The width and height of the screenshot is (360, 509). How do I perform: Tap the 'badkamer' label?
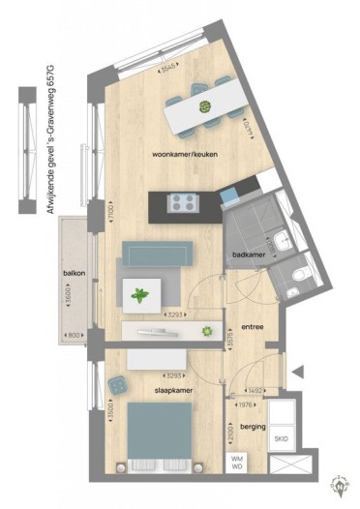[x=251, y=255]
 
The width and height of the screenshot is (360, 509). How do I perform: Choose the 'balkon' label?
[x=75, y=274]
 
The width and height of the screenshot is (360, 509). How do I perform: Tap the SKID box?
[x=280, y=438]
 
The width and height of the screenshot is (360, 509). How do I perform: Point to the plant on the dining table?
[x=205, y=106]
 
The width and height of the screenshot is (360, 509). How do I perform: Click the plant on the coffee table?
[x=141, y=294]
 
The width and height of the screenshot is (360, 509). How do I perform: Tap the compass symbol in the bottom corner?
[x=340, y=482]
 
